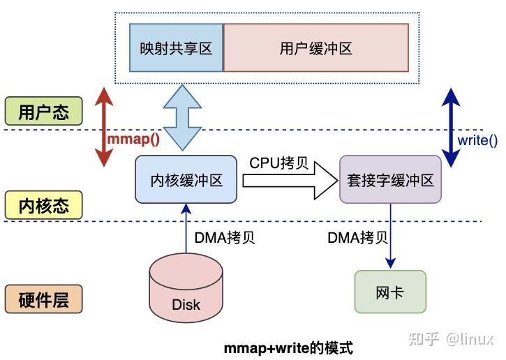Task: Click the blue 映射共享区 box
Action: coord(176,48)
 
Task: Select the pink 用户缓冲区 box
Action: coord(315,48)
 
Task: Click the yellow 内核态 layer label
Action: coord(43,206)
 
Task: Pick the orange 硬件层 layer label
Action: coord(43,299)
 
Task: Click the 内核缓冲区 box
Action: coord(186,180)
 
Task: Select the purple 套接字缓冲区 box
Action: coord(390,180)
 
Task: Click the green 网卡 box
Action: coord(389,292)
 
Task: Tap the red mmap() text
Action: coord(133,138)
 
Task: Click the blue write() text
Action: coord(477,140)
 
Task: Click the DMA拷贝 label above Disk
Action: coord(225,237)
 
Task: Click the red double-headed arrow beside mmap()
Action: coord(103,127)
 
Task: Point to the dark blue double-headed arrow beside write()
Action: coord(448,127)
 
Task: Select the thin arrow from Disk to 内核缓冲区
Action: coord(186,230)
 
